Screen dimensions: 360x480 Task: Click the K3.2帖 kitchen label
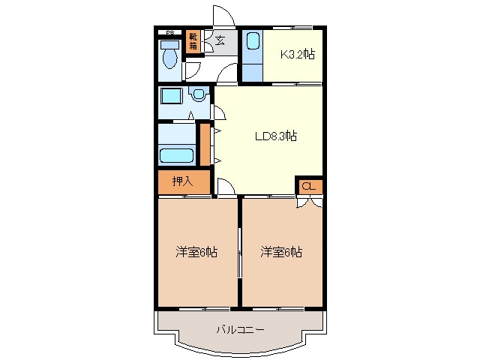tap(297, 53)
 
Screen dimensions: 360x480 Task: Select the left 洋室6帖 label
tap(196, 252)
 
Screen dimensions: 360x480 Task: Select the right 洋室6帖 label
tap(281, 252)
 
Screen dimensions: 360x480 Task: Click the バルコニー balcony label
tap(240, 328)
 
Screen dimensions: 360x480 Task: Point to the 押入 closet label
tap(182, 181)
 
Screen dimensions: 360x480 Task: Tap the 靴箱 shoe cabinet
tap(193, 41)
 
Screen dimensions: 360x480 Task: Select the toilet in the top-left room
tap(169, 56)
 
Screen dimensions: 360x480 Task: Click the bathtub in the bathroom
tap(177, 156)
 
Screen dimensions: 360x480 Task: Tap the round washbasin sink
tap(197, 95)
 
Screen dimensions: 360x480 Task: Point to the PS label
tap(169, 31)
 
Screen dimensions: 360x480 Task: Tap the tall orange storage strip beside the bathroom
tap(205, 145)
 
